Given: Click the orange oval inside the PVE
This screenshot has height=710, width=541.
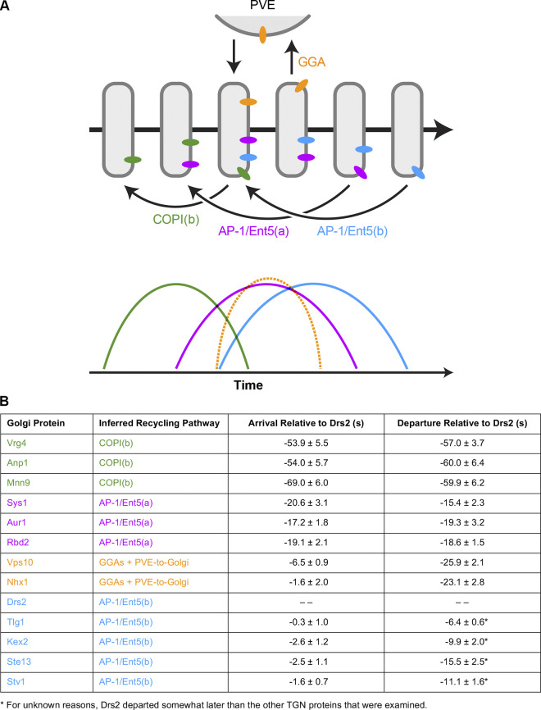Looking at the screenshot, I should pyautogui.click(x=262, y=36).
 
